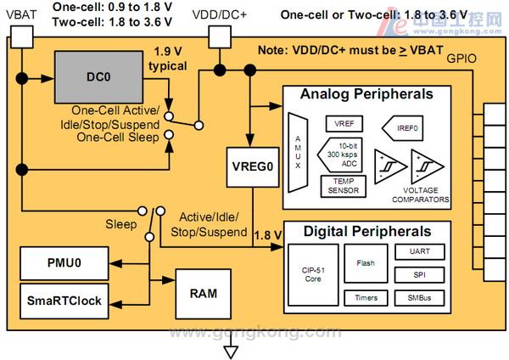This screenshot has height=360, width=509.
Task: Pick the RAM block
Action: (203, 293)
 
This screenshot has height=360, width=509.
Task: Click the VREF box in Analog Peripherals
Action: (344, 124)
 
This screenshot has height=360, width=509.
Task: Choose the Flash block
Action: (366, 263)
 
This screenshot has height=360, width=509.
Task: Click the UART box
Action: (419, 253)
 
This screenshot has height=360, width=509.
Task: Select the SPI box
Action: (419, 276)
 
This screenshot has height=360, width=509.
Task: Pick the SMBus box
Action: (419, 299)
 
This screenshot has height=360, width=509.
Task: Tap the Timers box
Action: (366, 299)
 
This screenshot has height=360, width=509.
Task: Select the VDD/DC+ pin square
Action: (220, 36)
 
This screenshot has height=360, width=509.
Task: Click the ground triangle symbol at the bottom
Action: (227, 351)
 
